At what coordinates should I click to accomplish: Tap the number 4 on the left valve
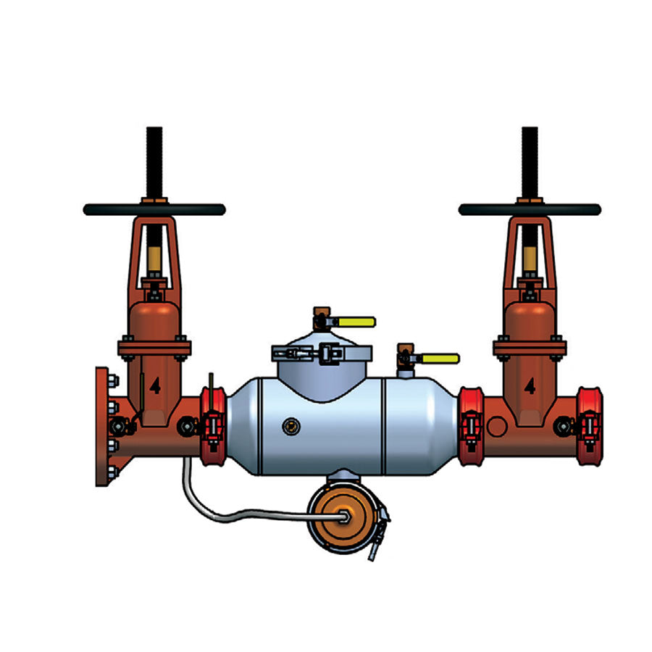pyautogui.click(x=154, y=385)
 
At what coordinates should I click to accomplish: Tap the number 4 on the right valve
pyautogui.click(x=530, y=385)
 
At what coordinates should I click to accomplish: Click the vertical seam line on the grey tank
pyautogui.click(x=382, y=427)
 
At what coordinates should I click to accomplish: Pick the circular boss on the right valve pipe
pyautogui.click(x=496, y=425)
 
